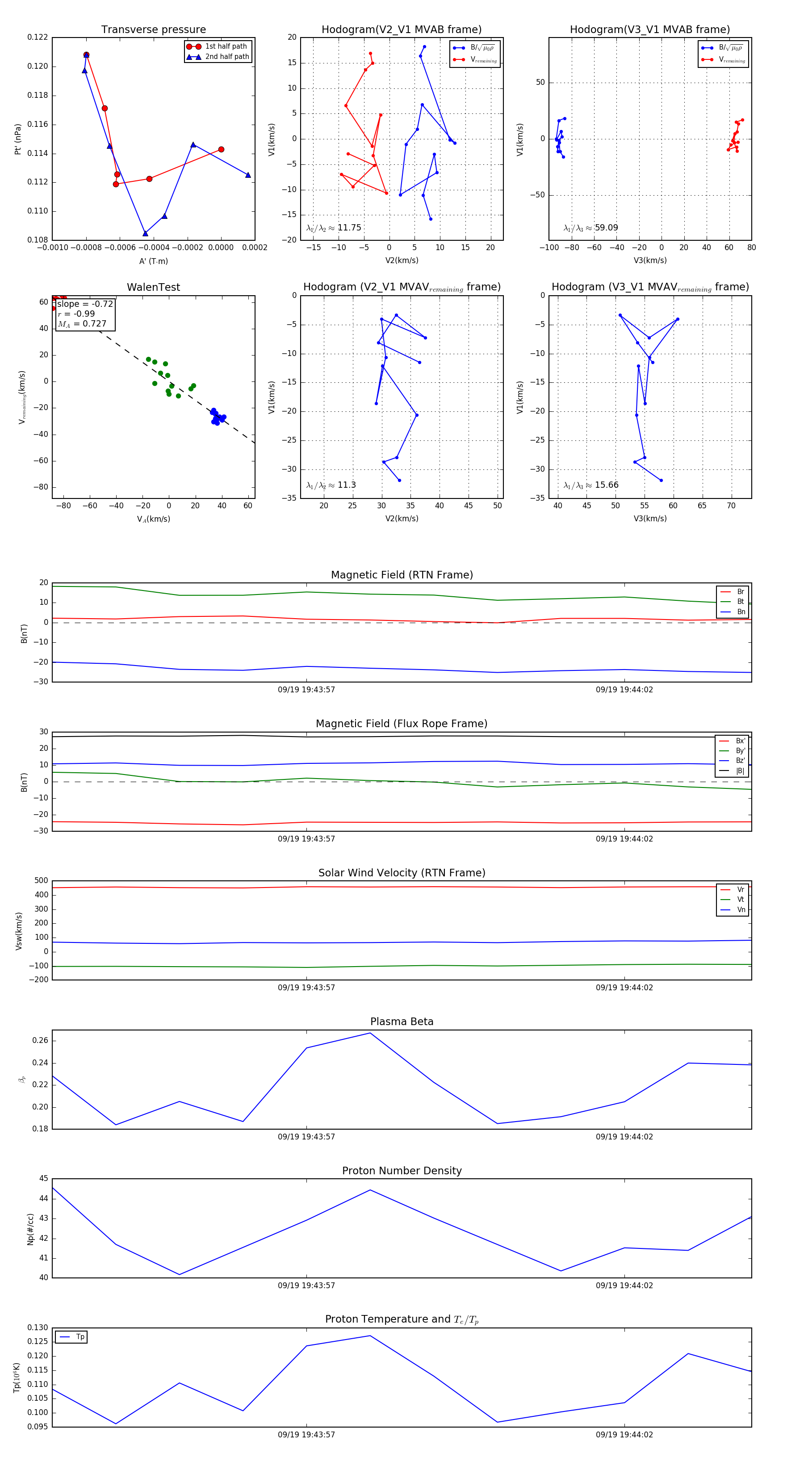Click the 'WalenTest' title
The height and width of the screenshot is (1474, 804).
point(153,287)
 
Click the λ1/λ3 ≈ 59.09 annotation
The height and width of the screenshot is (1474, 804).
point(590,228)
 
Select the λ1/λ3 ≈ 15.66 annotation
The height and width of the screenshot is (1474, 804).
point(590,485)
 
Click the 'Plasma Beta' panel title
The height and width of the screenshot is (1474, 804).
point(402,1022)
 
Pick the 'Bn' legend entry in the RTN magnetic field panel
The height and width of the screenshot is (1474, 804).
point(741,611)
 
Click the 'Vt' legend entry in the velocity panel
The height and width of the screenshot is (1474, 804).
point(741,900)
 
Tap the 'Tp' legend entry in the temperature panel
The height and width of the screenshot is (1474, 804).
point(80,1337)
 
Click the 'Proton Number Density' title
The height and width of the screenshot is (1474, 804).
point(402,1171)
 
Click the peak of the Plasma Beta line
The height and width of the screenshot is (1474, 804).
point(370,1033)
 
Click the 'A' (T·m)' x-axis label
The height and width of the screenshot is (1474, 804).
point(153,261)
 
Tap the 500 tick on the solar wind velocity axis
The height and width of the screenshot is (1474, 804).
point(41,881)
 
